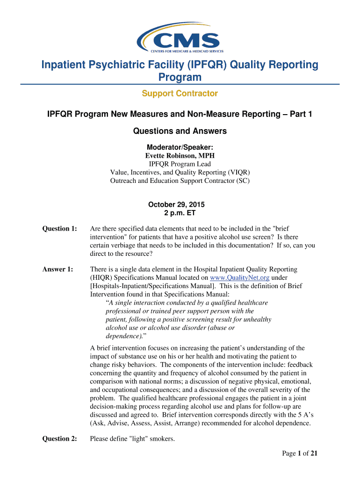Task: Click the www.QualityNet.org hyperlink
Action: (239, 277)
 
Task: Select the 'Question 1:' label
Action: (60, 229)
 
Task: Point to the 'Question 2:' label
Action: (60, 439)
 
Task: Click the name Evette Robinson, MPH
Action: (180, 155)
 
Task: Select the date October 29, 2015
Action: (176, 205)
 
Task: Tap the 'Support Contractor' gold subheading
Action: (180, 94)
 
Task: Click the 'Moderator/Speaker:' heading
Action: (180, 147)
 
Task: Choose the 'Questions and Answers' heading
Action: (180, 131)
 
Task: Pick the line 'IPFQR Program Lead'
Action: (180, 164)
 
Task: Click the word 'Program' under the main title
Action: (180, 77)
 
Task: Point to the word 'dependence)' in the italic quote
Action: (124, 336)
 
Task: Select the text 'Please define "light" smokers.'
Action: (132, 439)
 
